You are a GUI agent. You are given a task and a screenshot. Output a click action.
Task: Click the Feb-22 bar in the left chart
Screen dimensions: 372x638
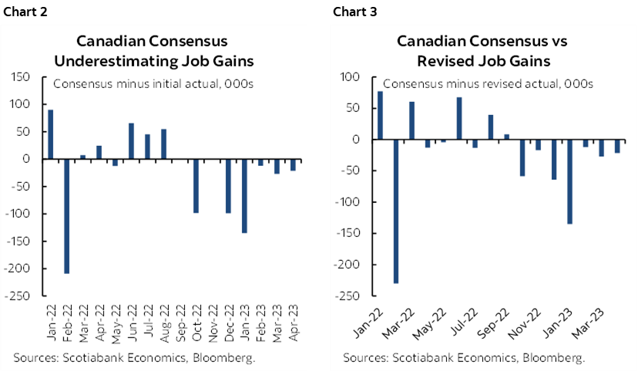(67, 216)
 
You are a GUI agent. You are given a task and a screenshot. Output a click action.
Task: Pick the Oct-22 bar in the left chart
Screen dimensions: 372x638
(196, 185)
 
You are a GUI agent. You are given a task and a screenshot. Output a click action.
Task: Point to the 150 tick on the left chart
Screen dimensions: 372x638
(22, 77)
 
